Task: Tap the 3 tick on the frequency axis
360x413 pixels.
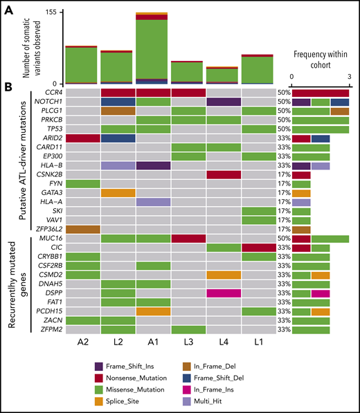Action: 349,77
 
